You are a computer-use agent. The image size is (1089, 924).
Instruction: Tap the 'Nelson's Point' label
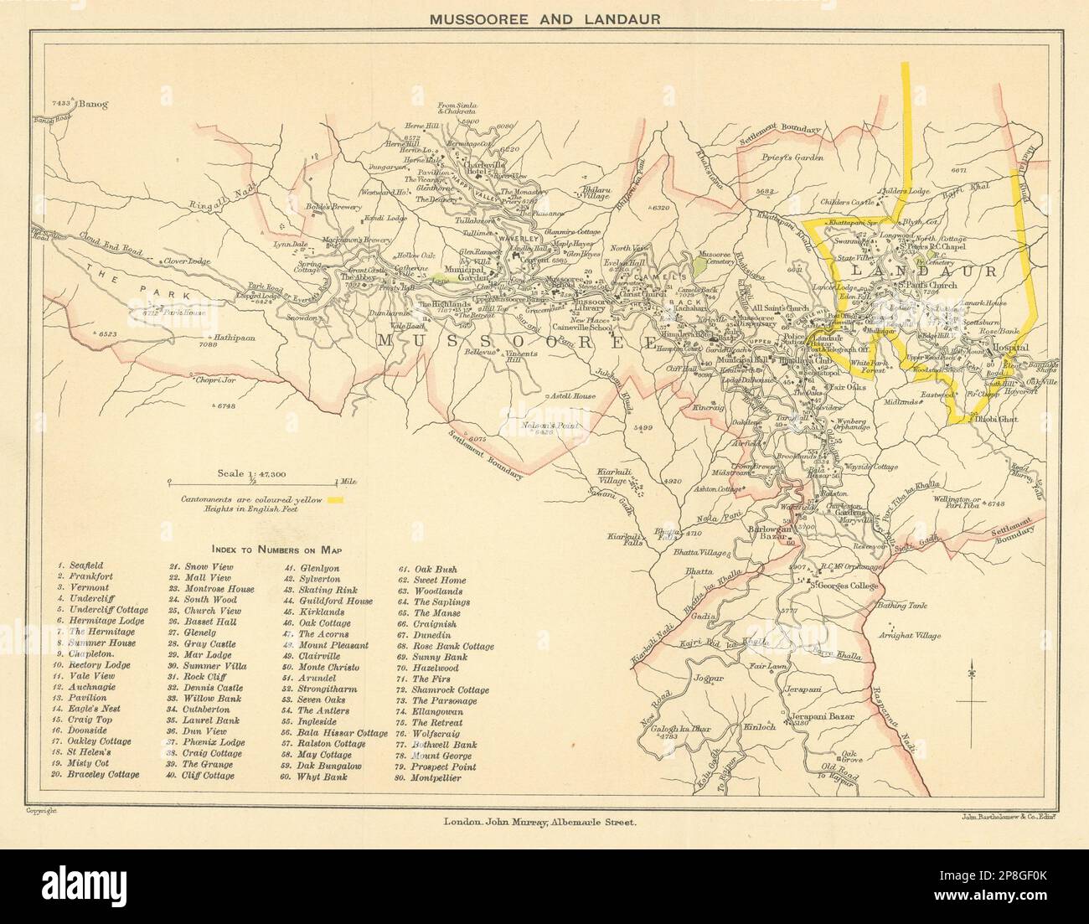pos(555,426)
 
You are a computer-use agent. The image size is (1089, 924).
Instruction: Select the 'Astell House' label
pos(572,395)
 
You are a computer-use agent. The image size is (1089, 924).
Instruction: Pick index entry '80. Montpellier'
pos(428,777)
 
